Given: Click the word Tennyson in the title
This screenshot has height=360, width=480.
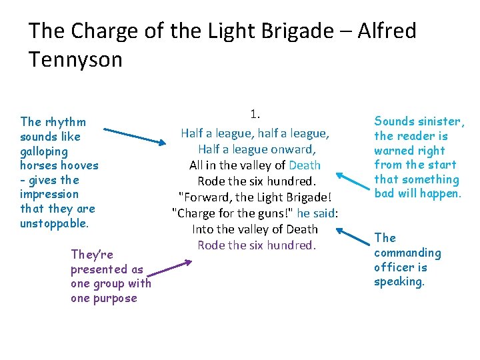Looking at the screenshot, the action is [x=75, y=60].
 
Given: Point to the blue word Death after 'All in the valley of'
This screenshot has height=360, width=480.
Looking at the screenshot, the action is [x=305, y=165].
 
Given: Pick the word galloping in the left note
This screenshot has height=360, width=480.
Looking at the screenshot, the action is [x=43, y=151].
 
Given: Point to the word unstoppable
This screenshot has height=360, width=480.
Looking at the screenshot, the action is [x=54, y=224].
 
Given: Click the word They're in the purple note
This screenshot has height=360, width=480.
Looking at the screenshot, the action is [x=92, y=255].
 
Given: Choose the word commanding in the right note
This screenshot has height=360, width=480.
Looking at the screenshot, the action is [x=407, y=253].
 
